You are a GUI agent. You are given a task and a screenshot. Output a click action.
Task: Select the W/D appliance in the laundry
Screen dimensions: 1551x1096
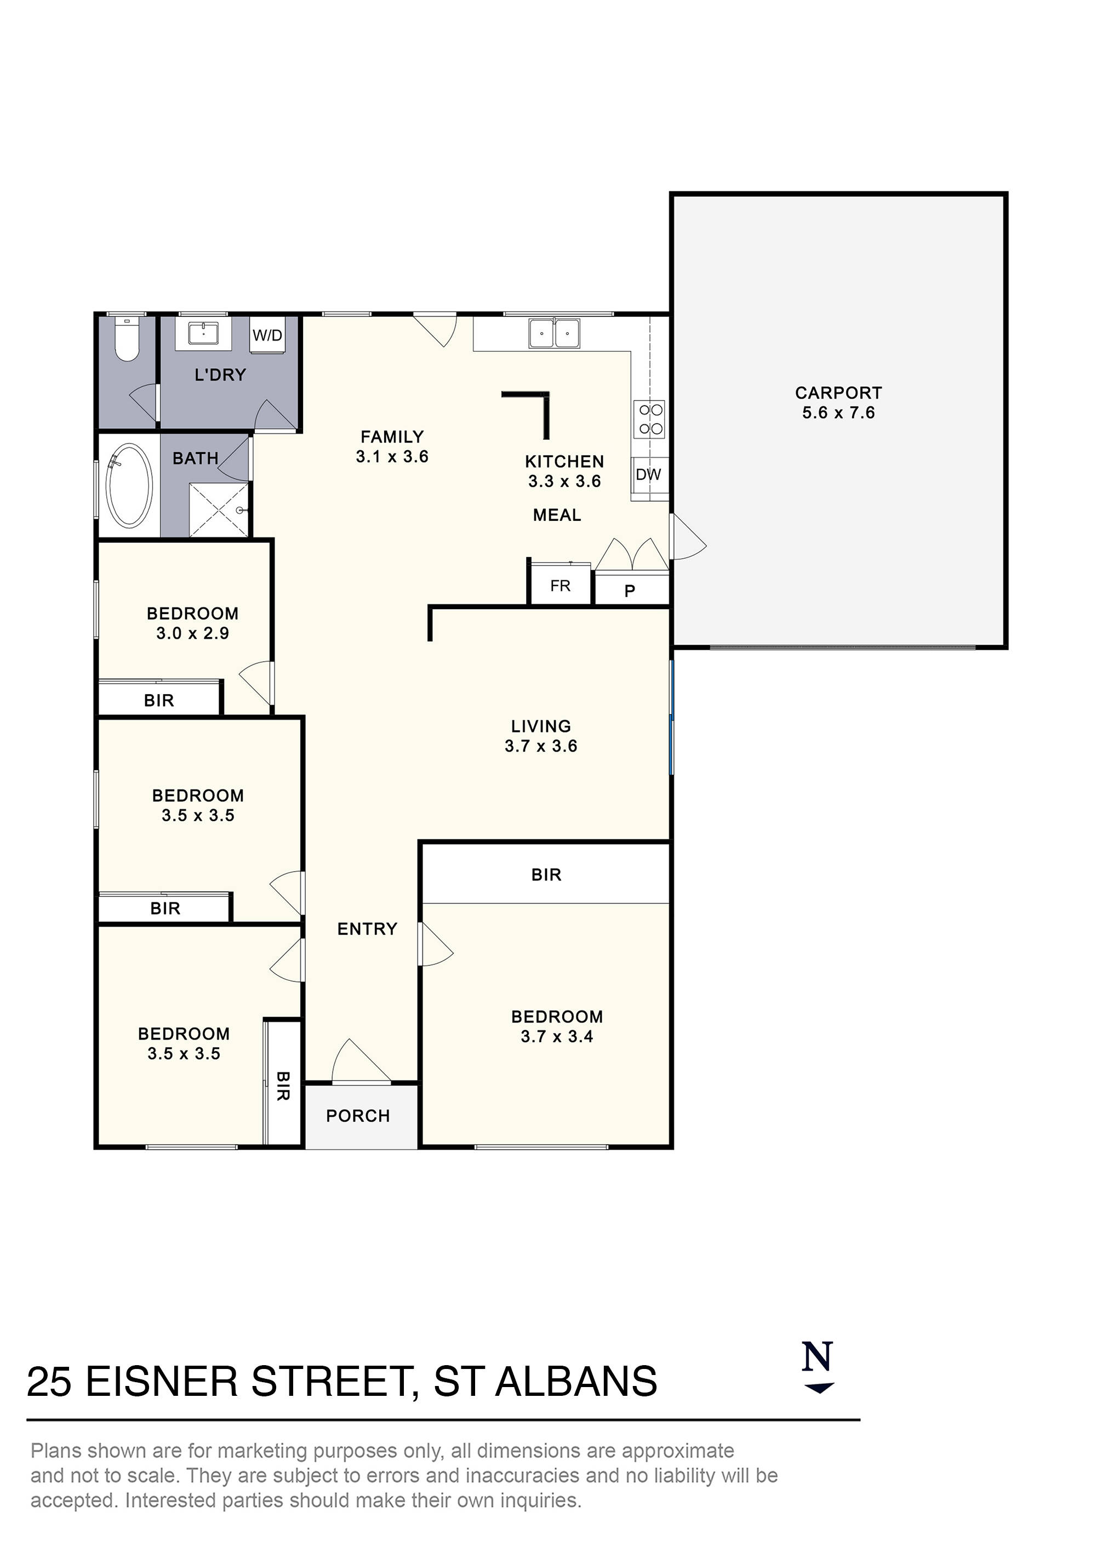(x=267, y=335)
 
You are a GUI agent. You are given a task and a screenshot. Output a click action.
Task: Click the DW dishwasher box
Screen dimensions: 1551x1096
(x=648, y=474)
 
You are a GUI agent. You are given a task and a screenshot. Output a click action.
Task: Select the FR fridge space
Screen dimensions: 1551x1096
(x=560, y=586)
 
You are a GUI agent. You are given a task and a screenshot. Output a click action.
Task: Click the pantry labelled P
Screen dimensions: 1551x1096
(x=630, y=591)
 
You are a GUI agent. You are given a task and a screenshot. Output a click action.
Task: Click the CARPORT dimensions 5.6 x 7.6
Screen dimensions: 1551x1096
(x=838, y=413)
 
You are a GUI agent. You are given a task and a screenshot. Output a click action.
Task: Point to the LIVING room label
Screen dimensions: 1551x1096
(x=541, y=726)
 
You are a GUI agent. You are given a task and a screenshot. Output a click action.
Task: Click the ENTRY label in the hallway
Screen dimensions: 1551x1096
(x=367, y=929)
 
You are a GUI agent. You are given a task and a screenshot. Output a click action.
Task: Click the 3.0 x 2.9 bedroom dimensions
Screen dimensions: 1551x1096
(x=192, y=634)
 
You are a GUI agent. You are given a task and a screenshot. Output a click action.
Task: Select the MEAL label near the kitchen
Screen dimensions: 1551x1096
(x=557, y=515)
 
